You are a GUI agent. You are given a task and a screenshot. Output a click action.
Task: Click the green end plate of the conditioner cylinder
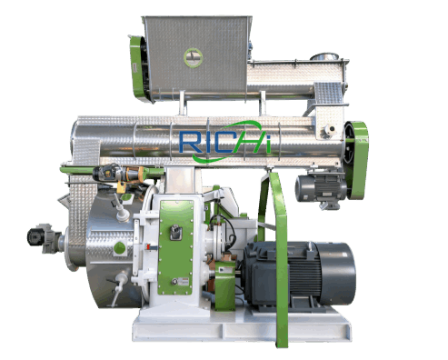[358, 145]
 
